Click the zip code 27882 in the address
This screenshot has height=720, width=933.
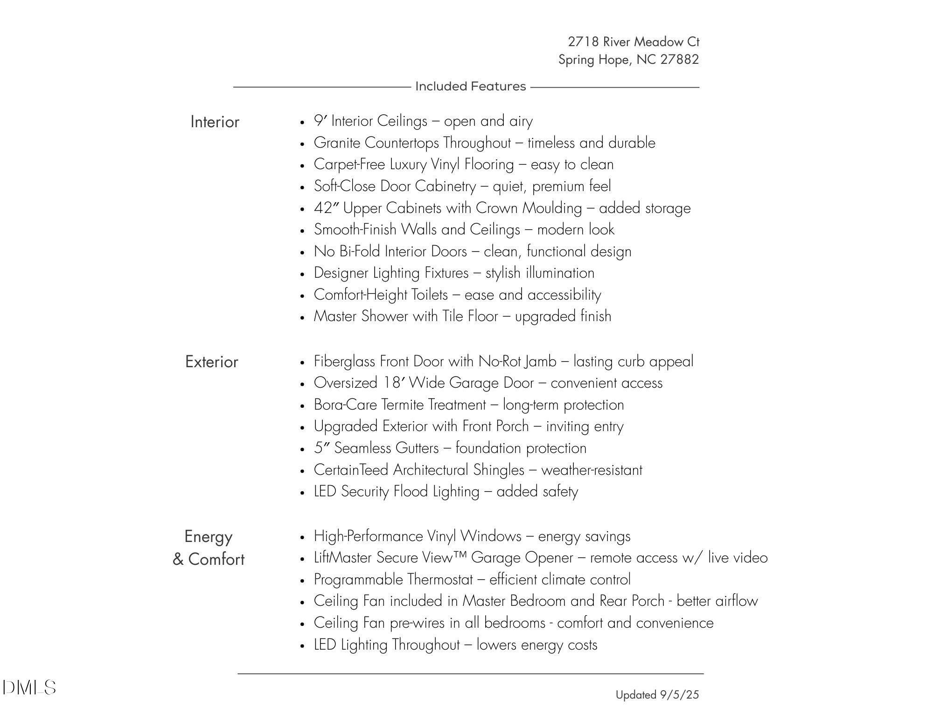[679, 60]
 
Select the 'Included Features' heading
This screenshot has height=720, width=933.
[470, 87]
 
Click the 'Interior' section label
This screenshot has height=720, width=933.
[215, 122]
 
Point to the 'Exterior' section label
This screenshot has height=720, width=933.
[211, 362]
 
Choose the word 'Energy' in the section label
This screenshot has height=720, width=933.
[208, 537]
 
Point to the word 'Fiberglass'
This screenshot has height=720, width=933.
[345, 362]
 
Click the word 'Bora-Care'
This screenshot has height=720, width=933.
[345, 405]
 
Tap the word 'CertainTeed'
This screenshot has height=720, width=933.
[351, 470]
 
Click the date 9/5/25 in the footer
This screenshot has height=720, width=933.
[679, 695]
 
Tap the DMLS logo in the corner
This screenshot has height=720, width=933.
[29, 688]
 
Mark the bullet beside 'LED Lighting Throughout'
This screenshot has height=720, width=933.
[303, 646]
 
